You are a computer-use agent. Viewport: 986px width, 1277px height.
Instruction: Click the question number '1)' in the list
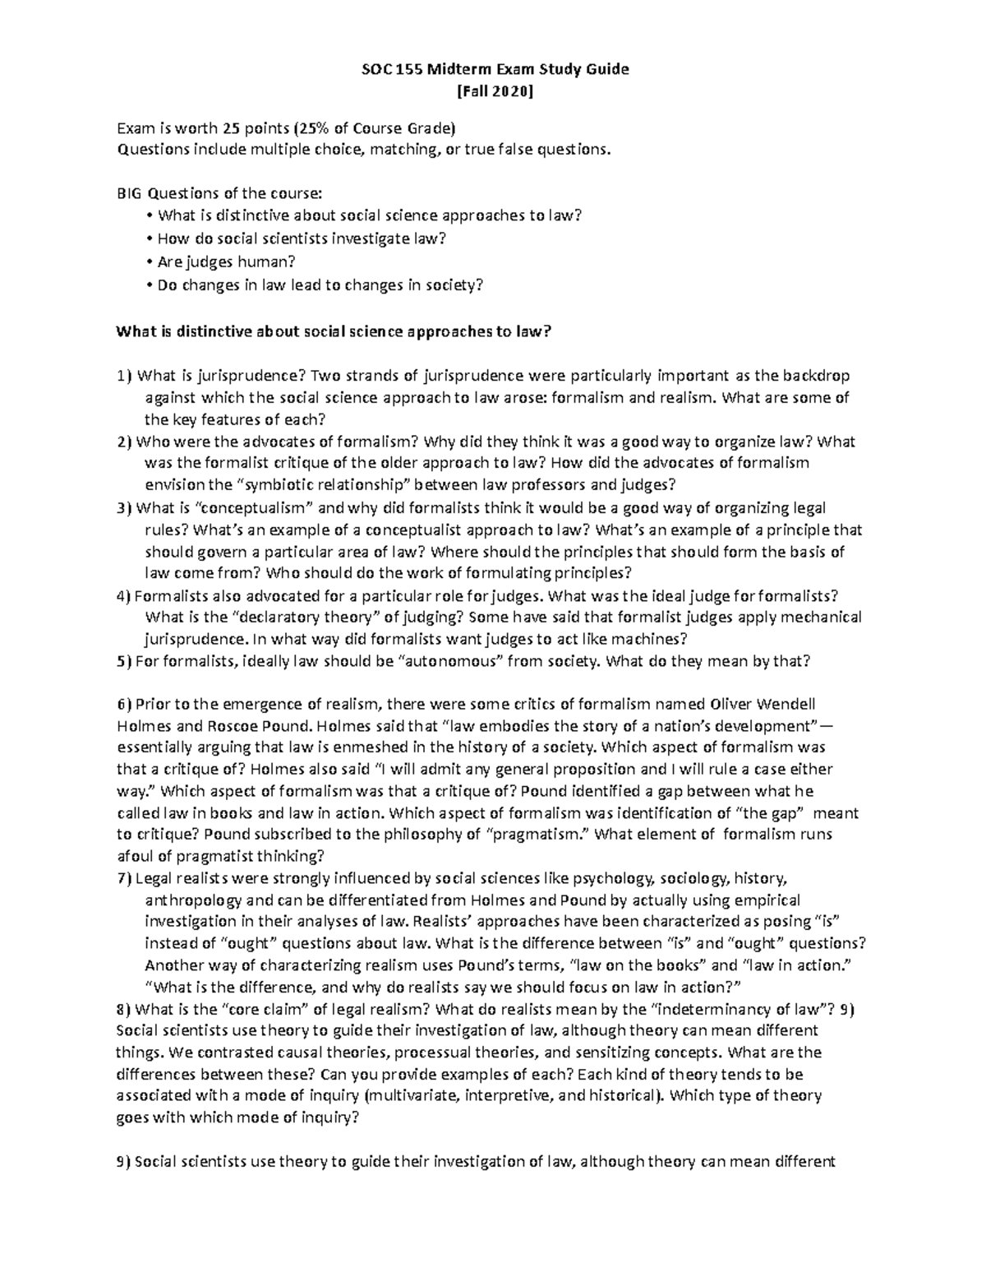pyautogui.click(x=124, y=377)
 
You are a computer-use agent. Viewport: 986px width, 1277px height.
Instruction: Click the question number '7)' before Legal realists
pyautogui.click(x=124, y=878)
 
